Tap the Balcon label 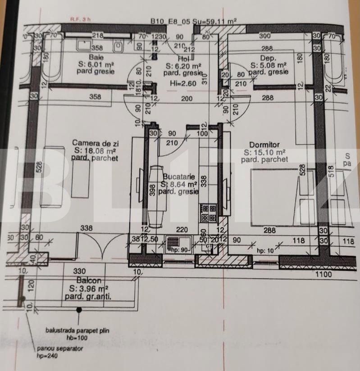pyautogui.click(x=86, y=281)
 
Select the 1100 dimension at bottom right pyautogui.click(x=323, y=273)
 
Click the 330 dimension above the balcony pyautogui.click(x=79, y=271)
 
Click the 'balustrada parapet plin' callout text pyautogui.click(x=77, y=331)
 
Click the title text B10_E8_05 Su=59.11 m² pyautogui.click(x=194, y=21)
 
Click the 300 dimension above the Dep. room pyautogui.click(x=265, y=36)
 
